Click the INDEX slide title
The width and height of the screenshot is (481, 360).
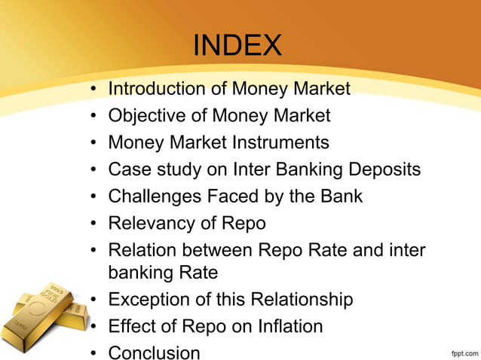tap(237, 47)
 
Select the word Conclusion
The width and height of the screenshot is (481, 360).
tap(154, 352)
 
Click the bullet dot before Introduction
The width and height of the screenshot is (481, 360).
tap(93, 90)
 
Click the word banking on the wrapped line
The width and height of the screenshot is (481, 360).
tap(146, 271)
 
